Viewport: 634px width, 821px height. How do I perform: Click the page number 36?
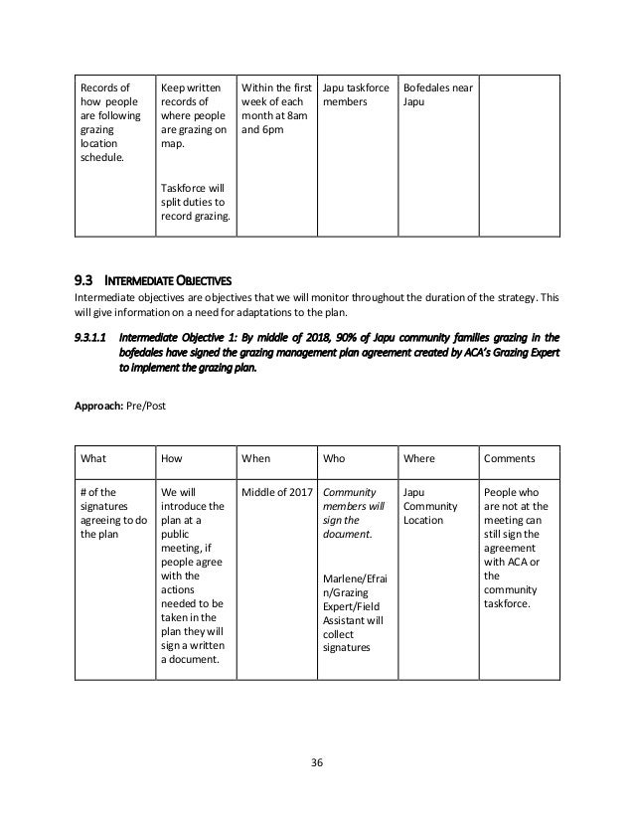pyautogui.click(x=316, y=762)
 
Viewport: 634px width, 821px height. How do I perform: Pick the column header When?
pyautogui.click(x=256, y=459)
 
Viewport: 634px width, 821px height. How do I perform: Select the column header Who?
pyautogui.click(x=336, y=459)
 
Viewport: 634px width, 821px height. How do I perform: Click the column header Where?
pyautogui.click(x=420, y=459)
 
